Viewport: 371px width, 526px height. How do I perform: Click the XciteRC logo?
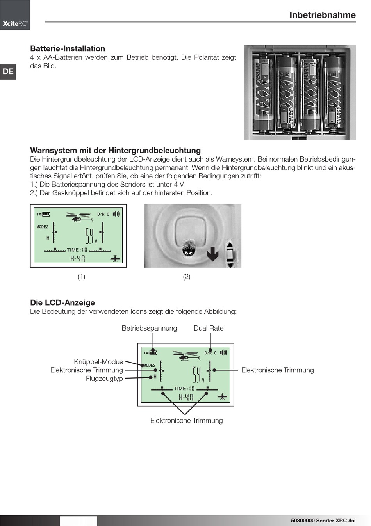15,23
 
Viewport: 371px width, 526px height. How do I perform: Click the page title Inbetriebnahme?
322,15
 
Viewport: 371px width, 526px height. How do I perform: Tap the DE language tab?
8,71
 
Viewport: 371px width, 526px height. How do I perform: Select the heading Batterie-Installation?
68,49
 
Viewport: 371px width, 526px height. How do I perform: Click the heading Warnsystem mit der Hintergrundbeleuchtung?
115,151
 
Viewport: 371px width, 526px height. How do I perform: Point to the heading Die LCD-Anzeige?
62,303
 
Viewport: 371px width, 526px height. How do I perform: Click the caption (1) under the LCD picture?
81,277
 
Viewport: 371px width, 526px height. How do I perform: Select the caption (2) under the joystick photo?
187,277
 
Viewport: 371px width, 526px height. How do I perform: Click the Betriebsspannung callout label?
149,328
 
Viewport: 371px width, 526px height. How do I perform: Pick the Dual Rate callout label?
209,328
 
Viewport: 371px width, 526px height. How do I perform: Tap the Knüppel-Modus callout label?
98,362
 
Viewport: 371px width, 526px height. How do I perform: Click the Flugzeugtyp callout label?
104,379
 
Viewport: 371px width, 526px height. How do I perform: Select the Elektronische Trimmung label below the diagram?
186,421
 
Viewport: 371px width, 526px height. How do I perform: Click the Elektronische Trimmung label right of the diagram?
277,370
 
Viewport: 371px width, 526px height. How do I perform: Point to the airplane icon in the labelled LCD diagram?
222,396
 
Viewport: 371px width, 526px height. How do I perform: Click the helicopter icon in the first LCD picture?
78,217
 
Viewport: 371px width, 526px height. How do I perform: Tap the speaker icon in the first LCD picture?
116,214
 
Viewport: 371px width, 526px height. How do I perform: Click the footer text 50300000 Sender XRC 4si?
323,521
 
